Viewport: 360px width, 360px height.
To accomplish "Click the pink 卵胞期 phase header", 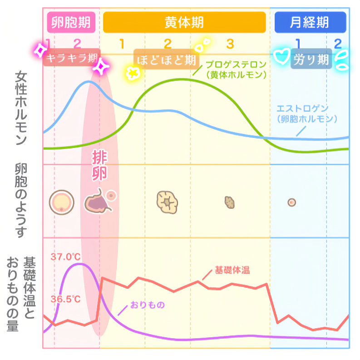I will click(x=71, y=22).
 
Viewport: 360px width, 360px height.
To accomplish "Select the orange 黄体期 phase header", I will click(x=184, y=22).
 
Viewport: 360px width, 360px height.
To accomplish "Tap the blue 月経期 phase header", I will click(x=310, y=22).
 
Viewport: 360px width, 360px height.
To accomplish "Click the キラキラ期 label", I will click(x=72, y=59).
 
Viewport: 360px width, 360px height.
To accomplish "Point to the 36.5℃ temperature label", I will click(x=65, y=299).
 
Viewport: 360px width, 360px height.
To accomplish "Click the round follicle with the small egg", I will click(x=61, y=202).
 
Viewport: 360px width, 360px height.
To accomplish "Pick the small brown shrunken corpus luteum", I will click(x=230, y=202).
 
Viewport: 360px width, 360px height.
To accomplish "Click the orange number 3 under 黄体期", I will click(x=230, y=44).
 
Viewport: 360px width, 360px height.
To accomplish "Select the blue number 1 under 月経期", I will click(x=298, y=44).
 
